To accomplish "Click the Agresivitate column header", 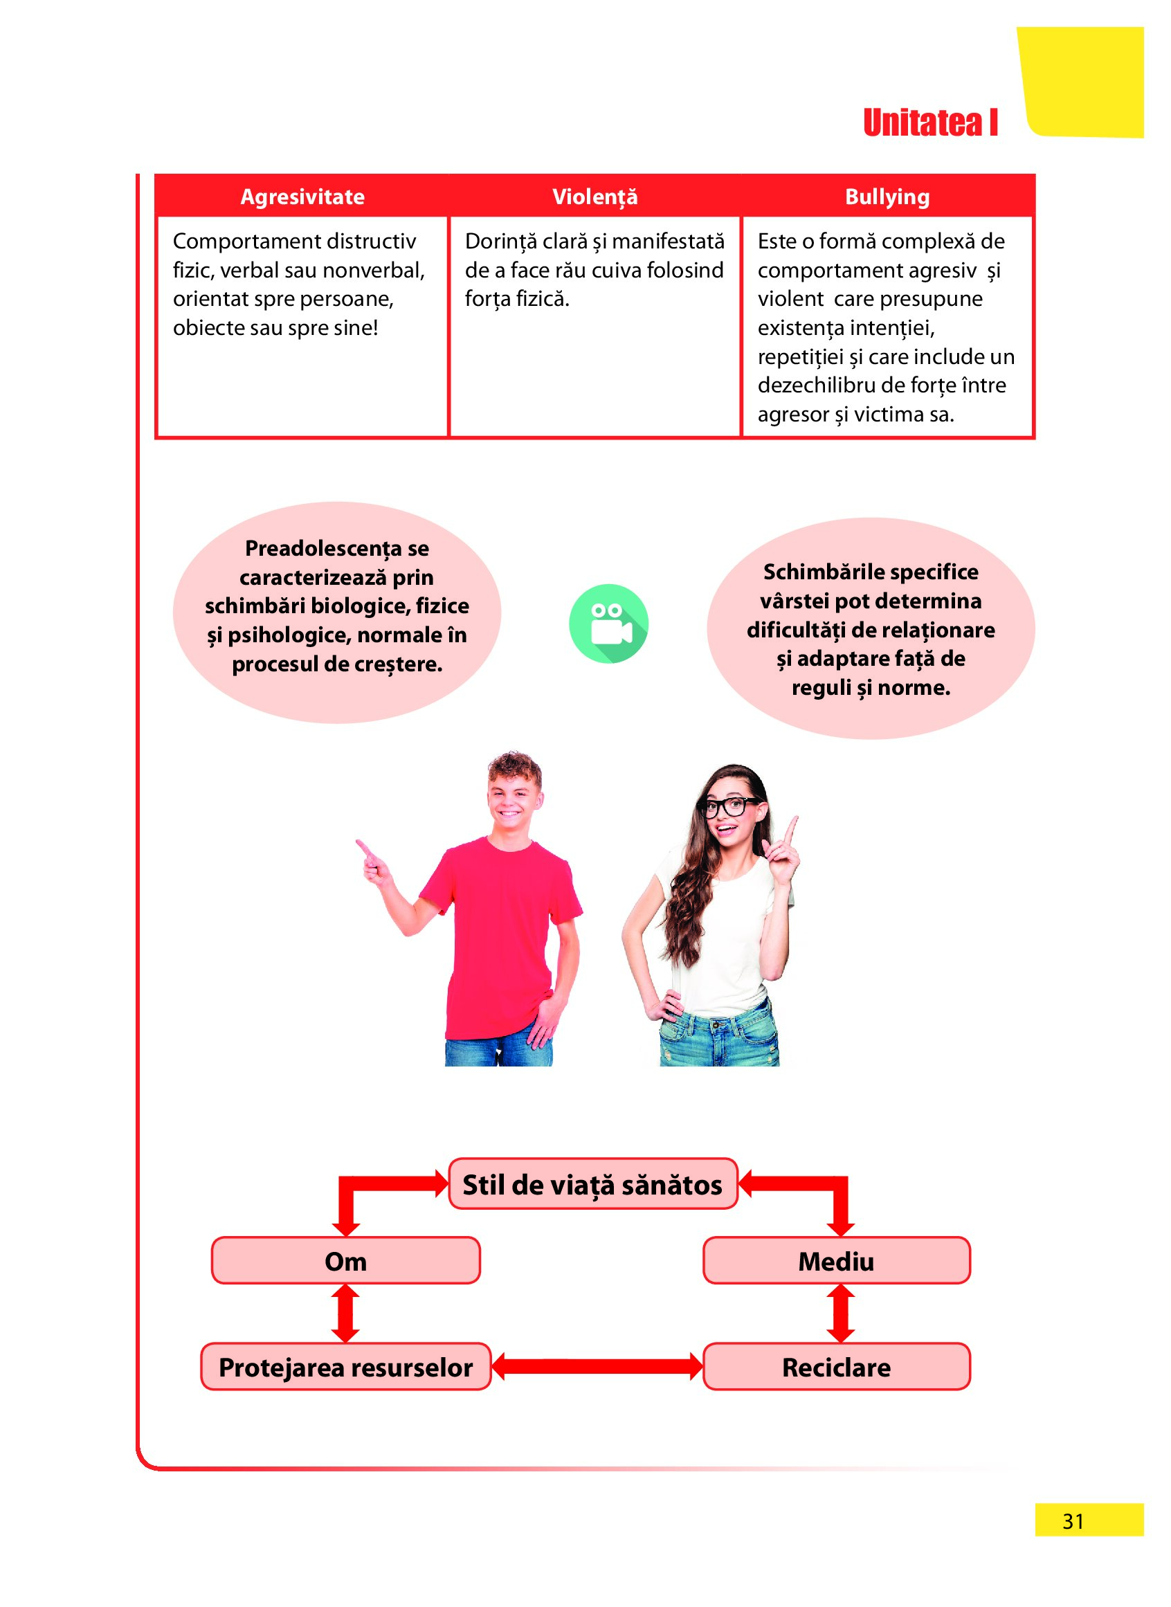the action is [302, 197].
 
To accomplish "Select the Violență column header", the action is [594, 197].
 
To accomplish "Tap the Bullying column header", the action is [887, 197].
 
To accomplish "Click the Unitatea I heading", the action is [930, 122].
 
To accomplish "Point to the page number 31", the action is [1073, 1521].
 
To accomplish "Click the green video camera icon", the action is [608, 623].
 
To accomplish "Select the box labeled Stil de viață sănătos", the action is [593, 1184].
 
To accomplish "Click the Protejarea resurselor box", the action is [346, 1367].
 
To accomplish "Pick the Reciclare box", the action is [837, 1367].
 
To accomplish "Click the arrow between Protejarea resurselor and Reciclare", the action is [597, 1366].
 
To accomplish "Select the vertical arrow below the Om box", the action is [345, 1314].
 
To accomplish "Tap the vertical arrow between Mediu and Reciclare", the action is [840, 1314].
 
